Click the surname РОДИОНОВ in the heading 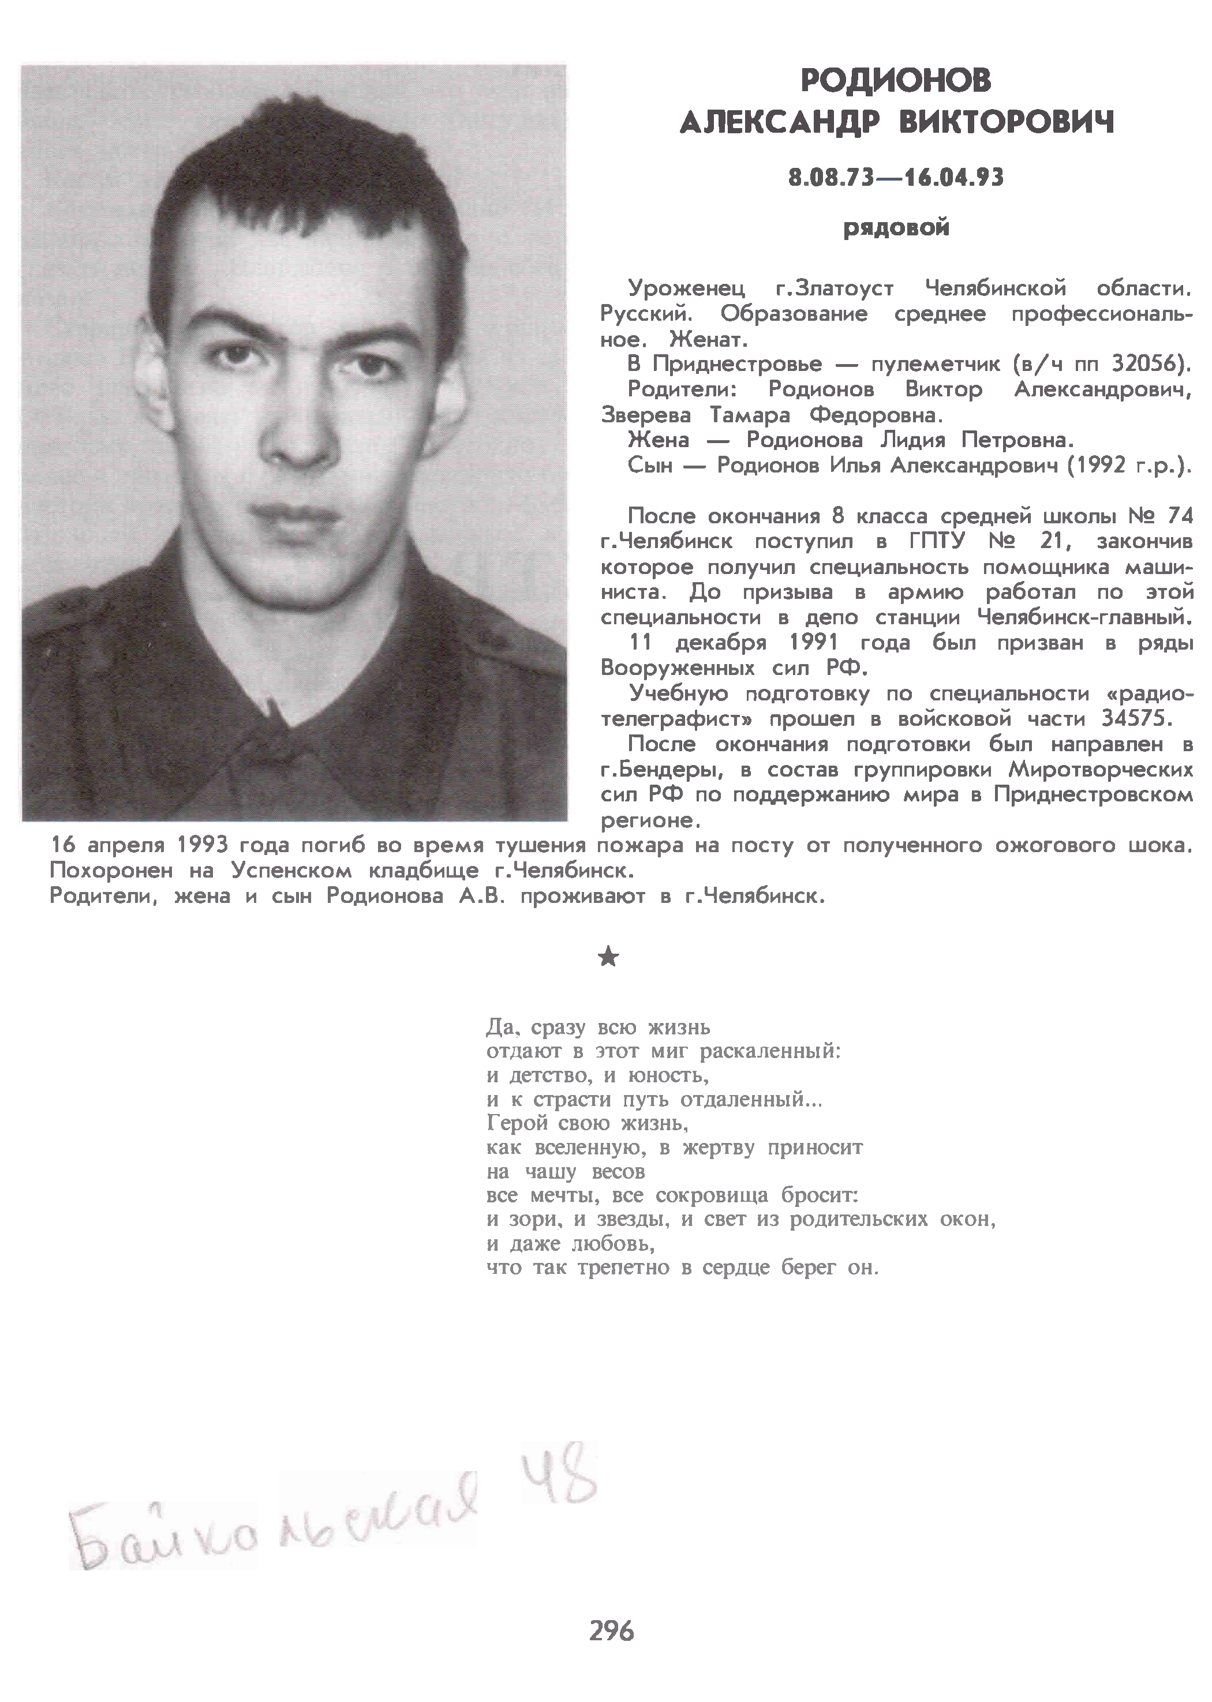896,81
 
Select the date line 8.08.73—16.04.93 896,178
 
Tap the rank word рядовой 896,227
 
